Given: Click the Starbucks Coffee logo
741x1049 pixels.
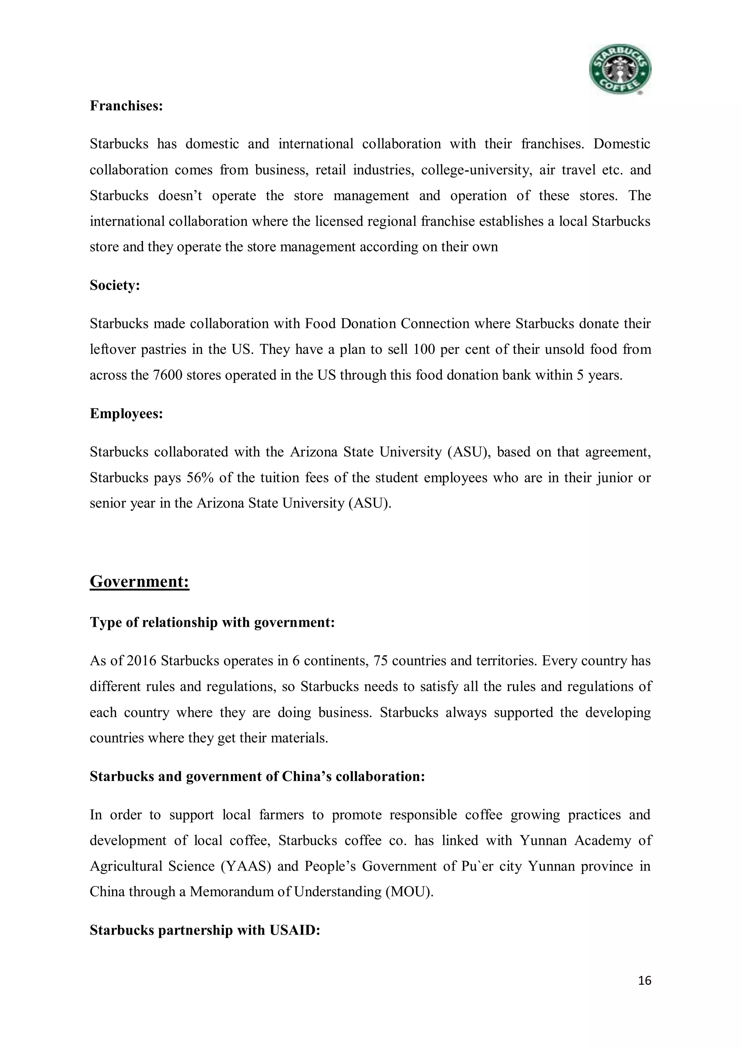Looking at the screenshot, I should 619,69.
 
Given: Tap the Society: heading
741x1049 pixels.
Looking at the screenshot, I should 115,286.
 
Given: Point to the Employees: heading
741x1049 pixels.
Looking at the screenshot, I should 126,414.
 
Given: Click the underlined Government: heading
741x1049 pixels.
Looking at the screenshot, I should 139,581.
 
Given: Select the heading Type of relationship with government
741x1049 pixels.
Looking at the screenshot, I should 212,622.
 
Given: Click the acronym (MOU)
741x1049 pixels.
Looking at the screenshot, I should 408,892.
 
